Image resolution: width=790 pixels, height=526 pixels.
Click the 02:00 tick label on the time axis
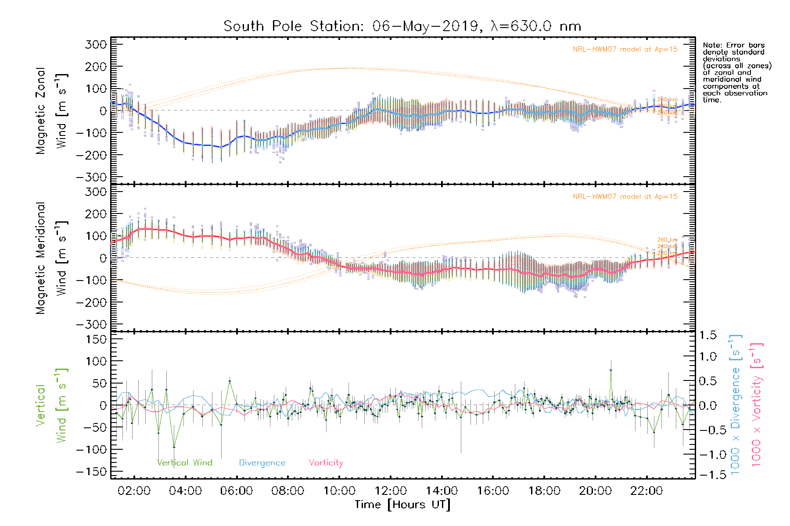[134, 491]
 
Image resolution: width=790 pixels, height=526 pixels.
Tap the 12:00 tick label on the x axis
[391, 491]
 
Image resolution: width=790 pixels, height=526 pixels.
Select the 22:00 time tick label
[646, 491]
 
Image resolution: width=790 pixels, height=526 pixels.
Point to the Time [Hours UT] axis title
[402, 505]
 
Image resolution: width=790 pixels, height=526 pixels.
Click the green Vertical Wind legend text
[184, 462]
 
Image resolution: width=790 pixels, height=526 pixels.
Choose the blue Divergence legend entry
[262, 462]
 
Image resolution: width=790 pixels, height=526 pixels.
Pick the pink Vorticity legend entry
[326, 462]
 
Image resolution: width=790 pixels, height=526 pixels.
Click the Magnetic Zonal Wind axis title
[52, 110]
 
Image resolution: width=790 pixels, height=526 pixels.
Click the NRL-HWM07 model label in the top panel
[625, 50]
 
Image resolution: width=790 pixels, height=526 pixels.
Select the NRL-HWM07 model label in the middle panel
[625, 197]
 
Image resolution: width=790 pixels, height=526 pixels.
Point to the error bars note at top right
[736, 72]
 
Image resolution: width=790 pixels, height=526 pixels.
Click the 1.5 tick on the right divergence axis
[707, 335]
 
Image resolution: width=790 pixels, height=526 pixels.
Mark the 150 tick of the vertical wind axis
[96, 339]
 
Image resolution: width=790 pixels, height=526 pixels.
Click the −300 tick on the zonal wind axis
[91, 177]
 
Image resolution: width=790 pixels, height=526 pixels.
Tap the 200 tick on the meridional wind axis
[96, 214]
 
